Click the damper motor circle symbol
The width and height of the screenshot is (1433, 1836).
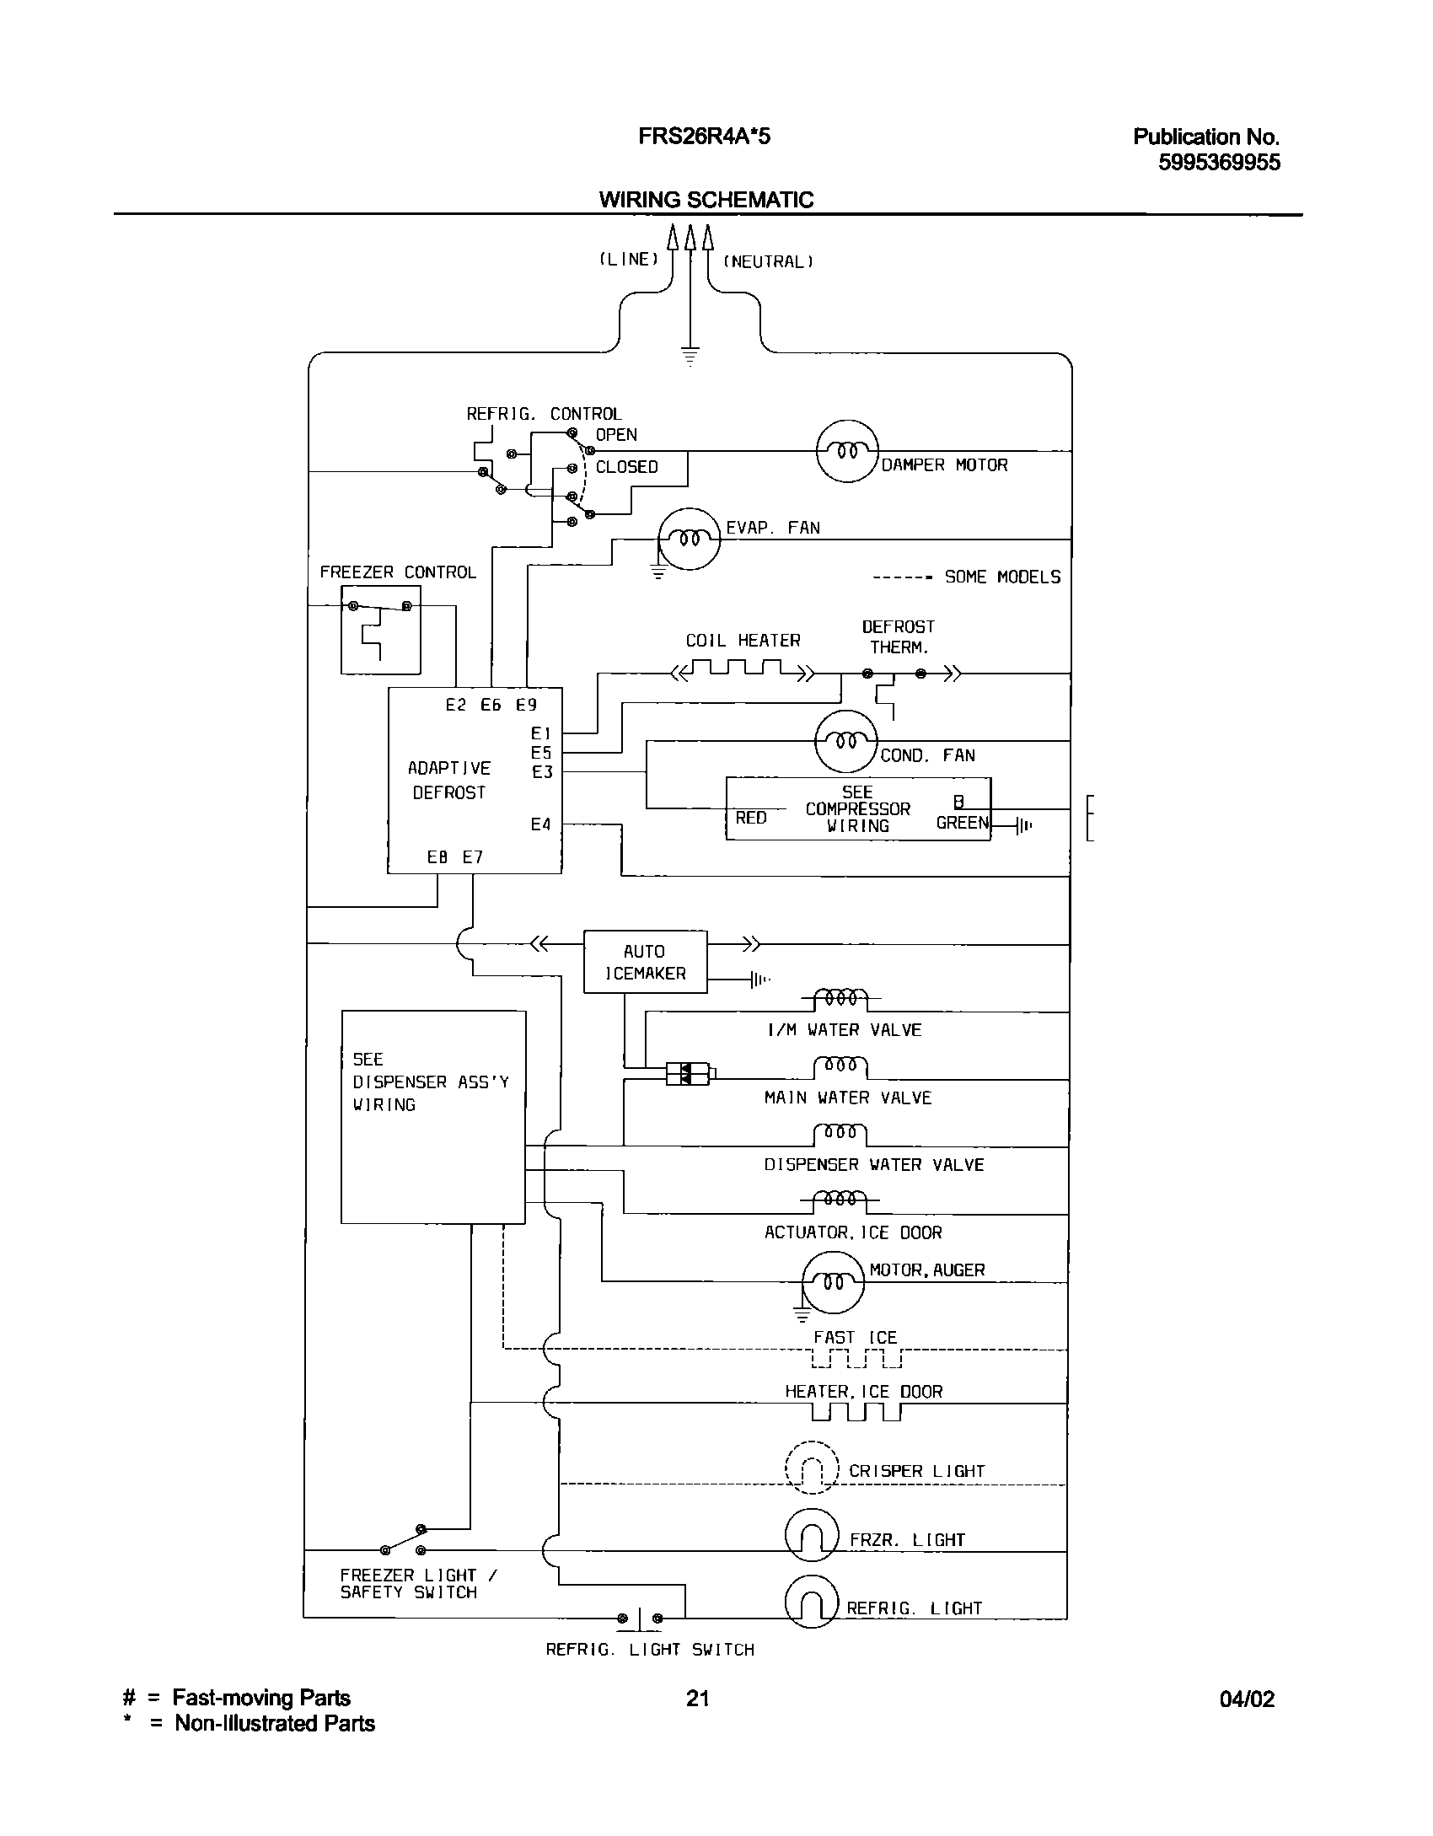point(847,451)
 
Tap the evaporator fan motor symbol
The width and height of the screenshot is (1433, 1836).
point(689,539)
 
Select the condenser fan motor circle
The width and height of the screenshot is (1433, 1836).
point(846,741)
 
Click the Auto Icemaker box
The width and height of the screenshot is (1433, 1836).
point(645,962)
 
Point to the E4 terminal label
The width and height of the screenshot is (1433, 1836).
point(540,824)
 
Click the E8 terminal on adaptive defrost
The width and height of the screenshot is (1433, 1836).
point(437,857)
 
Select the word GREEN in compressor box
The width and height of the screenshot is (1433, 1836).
point(962,823)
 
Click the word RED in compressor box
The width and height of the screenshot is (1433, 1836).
point(751,818)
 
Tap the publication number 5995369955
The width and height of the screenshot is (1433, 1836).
point(1218,163)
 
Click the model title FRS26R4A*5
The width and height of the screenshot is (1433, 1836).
point(704,137)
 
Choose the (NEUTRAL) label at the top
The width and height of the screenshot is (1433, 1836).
point(768,261)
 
